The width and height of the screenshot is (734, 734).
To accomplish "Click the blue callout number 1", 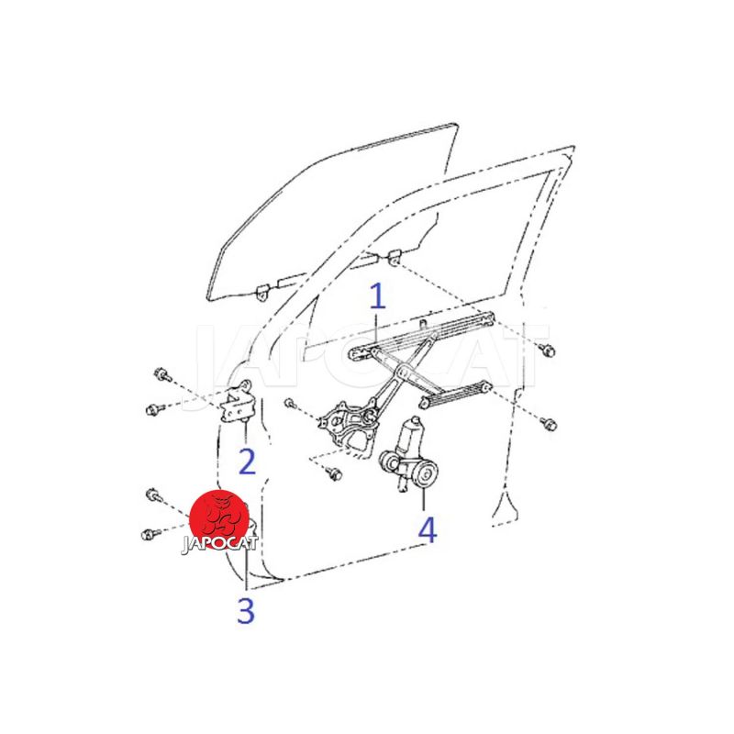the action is pos(377,295).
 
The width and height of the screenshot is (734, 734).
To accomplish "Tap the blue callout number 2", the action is pos(247,462).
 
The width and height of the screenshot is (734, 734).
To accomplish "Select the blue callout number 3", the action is pos(246,610).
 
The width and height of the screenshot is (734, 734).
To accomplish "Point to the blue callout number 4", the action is pos(427,529).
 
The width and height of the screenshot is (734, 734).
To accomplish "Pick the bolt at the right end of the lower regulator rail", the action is pos(548,424).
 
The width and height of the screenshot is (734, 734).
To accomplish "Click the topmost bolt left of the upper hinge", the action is pos(162,374).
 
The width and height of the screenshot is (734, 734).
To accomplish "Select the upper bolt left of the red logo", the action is pos(153,495).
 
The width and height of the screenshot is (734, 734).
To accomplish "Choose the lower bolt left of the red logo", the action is pos(150,534).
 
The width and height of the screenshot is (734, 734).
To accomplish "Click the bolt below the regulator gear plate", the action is pos(335,473).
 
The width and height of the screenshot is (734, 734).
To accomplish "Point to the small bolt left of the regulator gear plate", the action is pos(291,403).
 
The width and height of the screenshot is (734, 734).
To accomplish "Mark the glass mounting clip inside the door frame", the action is pos(395,257).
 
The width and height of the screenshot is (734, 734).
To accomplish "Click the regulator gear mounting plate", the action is pos(347,425).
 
